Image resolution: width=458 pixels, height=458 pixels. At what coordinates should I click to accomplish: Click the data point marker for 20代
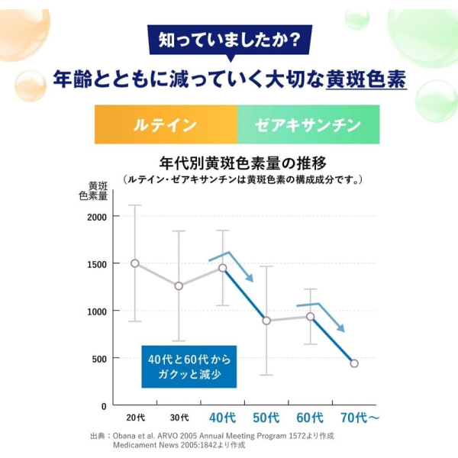point(135,263)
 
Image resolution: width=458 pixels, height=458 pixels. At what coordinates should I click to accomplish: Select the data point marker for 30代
point(179,286)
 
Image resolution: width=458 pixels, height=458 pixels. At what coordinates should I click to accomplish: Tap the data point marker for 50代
point(266,321)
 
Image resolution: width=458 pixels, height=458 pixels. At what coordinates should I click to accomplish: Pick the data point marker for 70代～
point(354,363)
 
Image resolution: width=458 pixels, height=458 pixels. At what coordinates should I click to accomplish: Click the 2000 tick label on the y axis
point(97,218)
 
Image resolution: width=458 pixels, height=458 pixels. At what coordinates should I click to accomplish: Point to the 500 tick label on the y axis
point(99,359)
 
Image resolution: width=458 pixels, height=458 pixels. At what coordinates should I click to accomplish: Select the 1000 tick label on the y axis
point(97,311)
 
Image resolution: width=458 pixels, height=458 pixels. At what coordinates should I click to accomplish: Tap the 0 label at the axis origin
point(104,406)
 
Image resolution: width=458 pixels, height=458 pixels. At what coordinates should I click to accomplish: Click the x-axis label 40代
point(223,418)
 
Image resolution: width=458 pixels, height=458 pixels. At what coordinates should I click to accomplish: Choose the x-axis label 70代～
point(360,418)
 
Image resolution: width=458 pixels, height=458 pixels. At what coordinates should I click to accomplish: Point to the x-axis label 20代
point(136,418)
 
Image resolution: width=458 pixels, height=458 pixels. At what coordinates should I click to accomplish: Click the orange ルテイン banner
point(166,124)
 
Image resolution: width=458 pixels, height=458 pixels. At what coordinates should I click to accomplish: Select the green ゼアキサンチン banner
point(308,124)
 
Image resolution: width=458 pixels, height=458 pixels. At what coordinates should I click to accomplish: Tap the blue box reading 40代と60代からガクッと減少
point(189,367)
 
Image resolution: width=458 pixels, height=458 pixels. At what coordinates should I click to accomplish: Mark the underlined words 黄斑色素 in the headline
point(366,79)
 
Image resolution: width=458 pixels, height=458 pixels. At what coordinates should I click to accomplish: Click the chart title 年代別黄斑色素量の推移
point(243,163)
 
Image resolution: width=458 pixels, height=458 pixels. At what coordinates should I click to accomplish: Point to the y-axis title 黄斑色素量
point(93,191)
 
